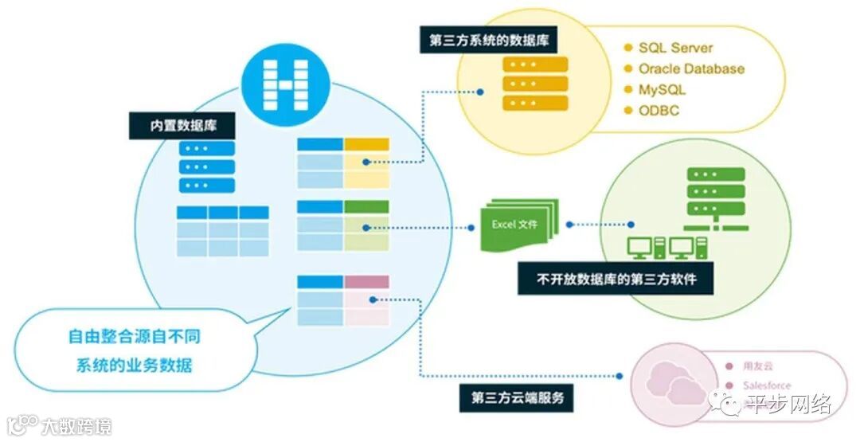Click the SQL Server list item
(675, 48)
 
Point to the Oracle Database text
(690, 68)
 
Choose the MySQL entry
(661, 89)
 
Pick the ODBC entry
(659, 111)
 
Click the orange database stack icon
(534, 83)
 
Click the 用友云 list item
(752, 366)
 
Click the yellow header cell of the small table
(367, 144)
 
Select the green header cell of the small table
(367, 207)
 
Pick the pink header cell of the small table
(367, 282)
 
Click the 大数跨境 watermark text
(76, 425)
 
